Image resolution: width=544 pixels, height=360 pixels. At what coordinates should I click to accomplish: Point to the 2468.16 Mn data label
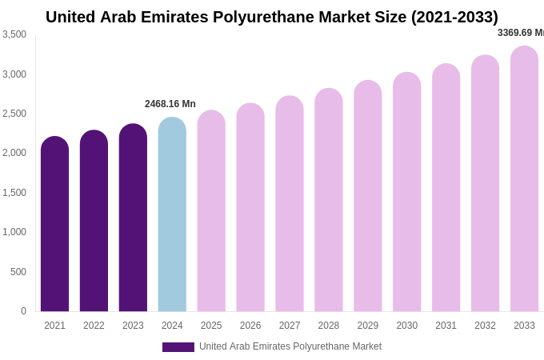tap(170, 104)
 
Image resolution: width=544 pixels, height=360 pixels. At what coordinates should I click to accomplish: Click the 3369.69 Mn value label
tap(520, 33)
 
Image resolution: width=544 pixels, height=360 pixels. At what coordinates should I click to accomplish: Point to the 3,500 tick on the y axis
tap(14, 34)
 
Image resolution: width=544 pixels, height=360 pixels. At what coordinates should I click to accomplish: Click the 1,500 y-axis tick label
tap(14, 193)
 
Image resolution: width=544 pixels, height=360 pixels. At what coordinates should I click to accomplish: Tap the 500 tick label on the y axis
tap(18, 272)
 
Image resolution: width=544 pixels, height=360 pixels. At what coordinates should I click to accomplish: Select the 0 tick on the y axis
tap(23, 311)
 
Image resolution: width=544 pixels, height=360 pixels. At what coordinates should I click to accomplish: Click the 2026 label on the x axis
tap(250, 326)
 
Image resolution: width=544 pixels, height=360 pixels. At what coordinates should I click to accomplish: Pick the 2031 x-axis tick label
tap(446, 326)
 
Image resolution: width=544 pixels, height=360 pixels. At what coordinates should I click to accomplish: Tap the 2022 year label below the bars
tap(94, 326)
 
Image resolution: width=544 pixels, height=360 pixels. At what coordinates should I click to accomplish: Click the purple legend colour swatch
tap(178, 347)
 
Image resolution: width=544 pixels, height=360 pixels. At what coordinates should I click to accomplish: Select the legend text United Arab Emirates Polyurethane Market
tap(290, 346)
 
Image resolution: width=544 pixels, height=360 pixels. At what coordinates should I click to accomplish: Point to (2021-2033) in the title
tap(454, 17)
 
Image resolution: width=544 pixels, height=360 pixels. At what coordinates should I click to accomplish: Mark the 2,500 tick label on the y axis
tap(14, 114)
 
